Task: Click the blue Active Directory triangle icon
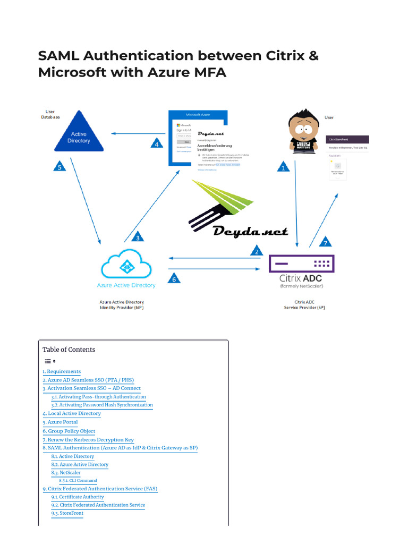click(79, 133)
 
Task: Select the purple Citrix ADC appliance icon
click(302, 263)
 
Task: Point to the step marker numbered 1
click(283, 167)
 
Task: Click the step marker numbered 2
click(257, 251)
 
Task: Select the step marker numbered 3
click(138, 237)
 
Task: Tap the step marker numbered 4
click(156, 143)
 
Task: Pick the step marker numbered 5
click(60, 167)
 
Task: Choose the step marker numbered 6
click(173, 278)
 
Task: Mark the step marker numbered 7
click(326, 242)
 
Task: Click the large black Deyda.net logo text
click(250, 232)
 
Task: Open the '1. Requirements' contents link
click(62, 372)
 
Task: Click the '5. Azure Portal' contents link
click(60, 422)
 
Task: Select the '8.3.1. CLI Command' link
click(78, 480)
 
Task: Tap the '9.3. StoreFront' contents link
click(67, 513)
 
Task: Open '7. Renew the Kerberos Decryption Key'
click(88, 440)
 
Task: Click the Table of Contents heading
click(69, 350)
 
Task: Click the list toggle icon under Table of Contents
click(50, 361)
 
